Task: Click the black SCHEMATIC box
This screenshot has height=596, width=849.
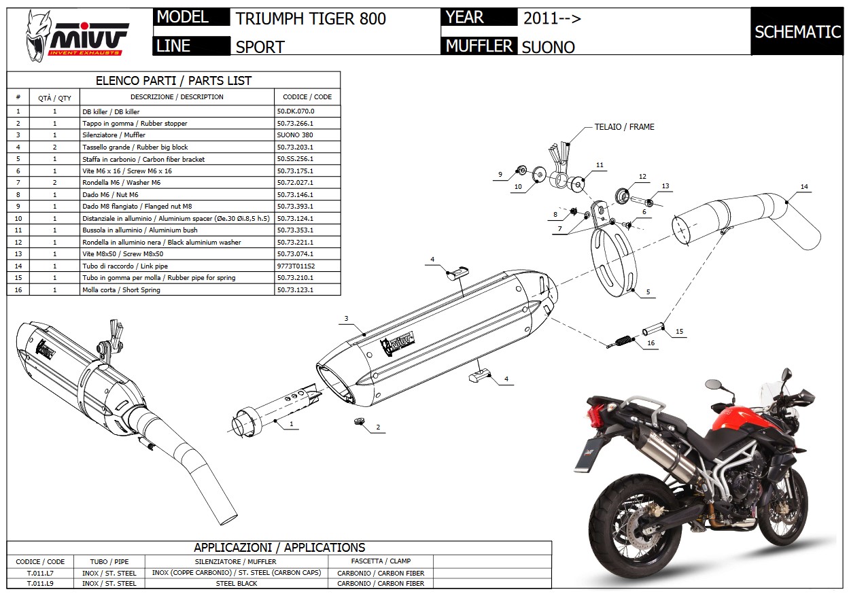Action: pos(797,31)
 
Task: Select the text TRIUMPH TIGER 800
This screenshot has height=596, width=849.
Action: pos(311,18)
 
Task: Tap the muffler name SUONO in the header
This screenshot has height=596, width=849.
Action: pos(548,47)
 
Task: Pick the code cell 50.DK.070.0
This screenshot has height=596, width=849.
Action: pos(296,111)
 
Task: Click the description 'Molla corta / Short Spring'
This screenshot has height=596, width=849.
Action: pos(122,290)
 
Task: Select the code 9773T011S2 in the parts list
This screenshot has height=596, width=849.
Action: pos(296,266)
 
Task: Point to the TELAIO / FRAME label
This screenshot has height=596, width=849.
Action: pos(624,127)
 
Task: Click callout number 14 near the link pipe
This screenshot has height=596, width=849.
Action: pos(805,186)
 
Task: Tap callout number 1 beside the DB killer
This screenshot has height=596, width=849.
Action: pos(290,424)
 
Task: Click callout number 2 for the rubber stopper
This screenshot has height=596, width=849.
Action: pos(377,428)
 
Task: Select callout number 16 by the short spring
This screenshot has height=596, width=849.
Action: pos(651,344)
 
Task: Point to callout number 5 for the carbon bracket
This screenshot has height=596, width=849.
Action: pos(647,292)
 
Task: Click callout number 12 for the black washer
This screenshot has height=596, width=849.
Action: pos(642,177)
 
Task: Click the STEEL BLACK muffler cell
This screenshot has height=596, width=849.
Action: pos(236,583)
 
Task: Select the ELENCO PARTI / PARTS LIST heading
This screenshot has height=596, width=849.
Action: pos(173,80)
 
